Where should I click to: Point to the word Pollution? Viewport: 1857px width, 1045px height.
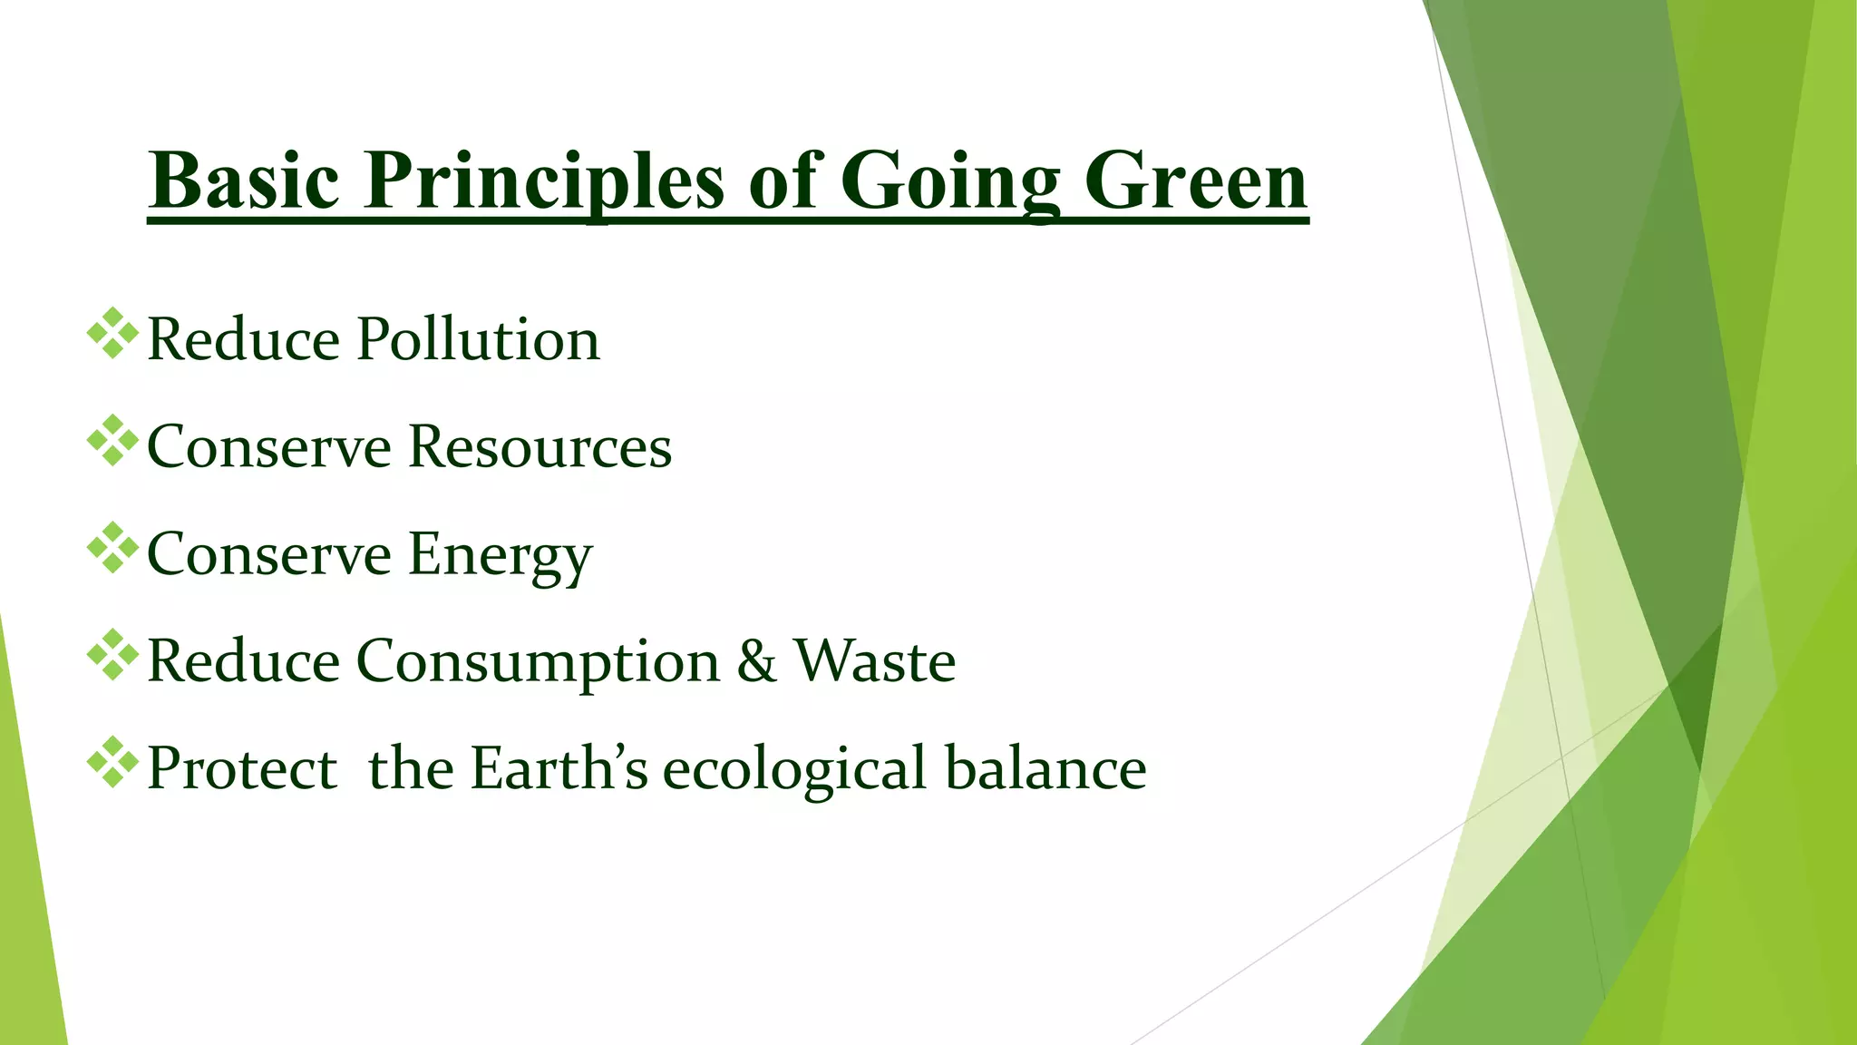tap(478, 340)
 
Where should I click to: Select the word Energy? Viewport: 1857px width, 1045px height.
tap(501, 554)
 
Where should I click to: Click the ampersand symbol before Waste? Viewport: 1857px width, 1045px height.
tap(757, 661)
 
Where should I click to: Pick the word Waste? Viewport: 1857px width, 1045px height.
tap(875, 661)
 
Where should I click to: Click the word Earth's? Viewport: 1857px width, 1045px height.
tap(559, 768)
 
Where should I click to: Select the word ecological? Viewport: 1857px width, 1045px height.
tap(795, 768)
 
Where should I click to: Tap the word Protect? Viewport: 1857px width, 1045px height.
tap(242, 768)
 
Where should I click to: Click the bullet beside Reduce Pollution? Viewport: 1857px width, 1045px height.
tap(113, 334)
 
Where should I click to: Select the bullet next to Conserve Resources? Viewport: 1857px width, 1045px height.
tap(113, 441)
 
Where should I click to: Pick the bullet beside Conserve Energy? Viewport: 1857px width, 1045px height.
tap(113, 548)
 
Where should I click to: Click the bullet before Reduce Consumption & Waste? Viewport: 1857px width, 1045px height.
tap(113, 655)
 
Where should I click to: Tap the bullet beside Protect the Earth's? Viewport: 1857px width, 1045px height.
tap(113, 762)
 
